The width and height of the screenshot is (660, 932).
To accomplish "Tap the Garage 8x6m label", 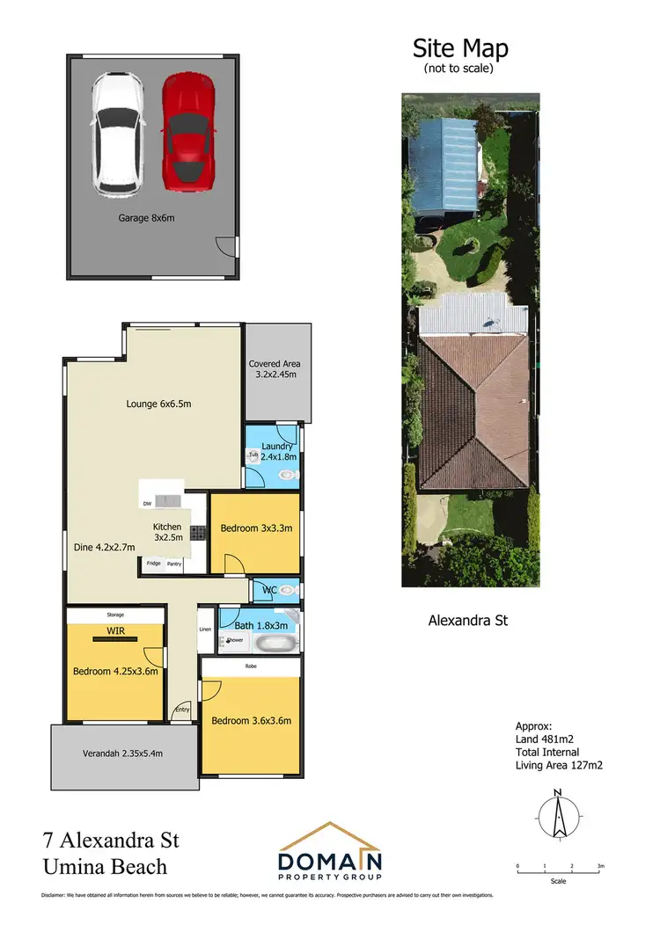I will tap(147, 218).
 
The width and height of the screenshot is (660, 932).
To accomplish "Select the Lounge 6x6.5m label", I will tap(158, 404).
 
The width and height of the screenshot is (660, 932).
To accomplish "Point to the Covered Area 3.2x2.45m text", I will tap(277, 369).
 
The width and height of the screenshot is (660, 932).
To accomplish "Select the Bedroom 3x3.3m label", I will tap(255, 528).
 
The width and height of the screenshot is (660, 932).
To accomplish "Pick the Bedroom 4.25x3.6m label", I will tap(115, 671).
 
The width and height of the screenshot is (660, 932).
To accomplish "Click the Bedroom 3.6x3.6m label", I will tap(251, 721).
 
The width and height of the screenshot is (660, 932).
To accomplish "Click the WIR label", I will tap(114, 631).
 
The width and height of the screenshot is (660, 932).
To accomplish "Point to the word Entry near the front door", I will tap(182, 710).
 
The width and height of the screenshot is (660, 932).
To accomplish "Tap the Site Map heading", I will tap(460, 47).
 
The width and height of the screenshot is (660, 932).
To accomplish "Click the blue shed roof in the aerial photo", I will tap(445, 164).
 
